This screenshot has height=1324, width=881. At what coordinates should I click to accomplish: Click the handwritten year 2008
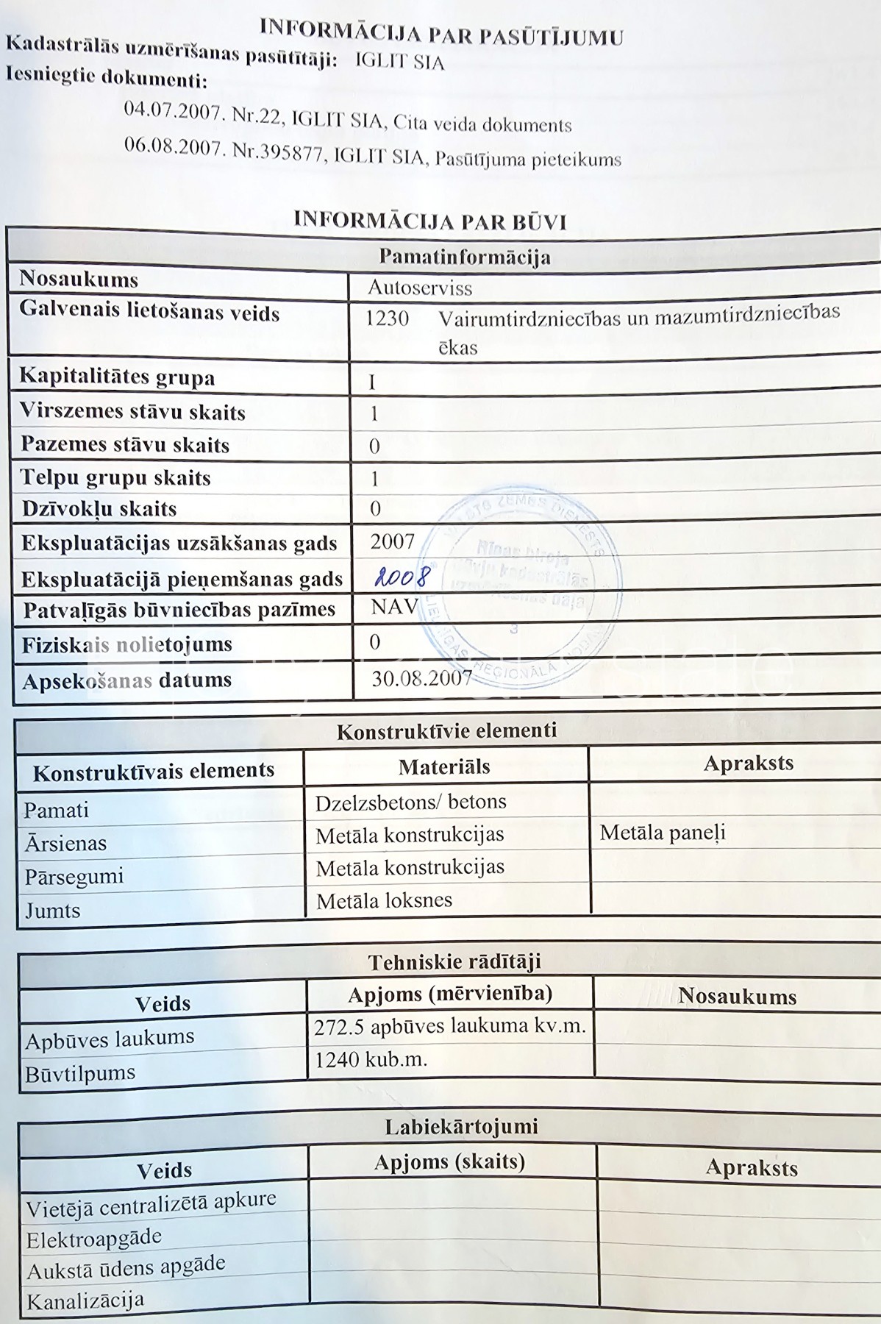click(400, 576)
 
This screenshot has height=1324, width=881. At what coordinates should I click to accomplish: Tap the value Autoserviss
click(420, 288)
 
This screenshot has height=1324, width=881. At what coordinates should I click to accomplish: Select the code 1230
click(387, 318)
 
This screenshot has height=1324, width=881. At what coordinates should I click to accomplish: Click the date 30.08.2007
click(421, 677)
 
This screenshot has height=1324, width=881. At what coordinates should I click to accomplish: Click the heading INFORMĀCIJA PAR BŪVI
click(429, 220)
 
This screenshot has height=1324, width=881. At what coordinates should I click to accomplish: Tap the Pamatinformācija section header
click(464, 257)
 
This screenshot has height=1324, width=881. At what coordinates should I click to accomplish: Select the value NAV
click(394, 607)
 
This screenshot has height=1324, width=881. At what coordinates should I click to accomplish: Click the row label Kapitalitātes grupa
click(117, 377)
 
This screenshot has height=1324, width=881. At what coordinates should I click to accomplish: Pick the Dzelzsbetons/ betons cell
click(410, 802)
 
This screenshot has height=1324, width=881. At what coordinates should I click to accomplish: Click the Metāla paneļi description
click(662, 833)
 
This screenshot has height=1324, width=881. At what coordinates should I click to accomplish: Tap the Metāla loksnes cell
click(384, 900)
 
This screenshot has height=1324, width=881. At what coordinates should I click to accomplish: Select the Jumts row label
click(52, 911)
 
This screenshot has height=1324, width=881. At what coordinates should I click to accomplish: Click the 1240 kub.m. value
click(371, 1059)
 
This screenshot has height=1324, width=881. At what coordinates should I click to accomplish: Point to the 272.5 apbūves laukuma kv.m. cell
click(449, 1026)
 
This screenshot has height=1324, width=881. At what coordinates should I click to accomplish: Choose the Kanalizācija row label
click(85, 1301)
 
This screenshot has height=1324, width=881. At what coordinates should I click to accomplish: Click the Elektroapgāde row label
click(93, 1239)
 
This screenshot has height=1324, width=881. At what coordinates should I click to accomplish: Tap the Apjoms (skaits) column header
click(449, 1162)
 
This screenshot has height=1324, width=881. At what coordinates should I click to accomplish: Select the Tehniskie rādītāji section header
click(454, 961)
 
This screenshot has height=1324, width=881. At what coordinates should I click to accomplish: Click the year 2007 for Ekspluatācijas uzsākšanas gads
click(393, 542)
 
